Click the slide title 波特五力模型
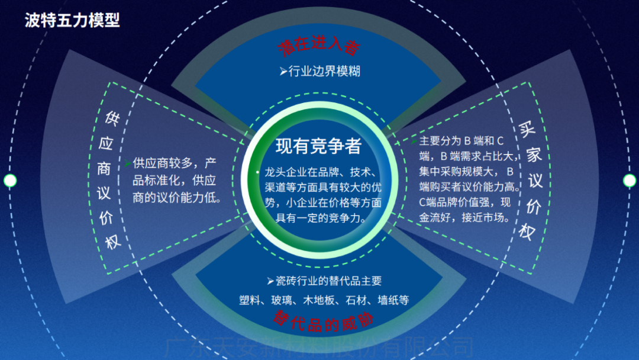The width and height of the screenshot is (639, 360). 72,20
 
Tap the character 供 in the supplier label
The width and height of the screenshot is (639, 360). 112,115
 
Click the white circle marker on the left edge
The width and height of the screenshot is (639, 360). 10,181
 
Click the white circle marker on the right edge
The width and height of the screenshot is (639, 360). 629,181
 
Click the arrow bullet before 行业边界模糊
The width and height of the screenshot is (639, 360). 283,72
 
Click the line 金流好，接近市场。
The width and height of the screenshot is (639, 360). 464,217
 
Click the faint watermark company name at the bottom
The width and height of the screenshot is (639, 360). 319,346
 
